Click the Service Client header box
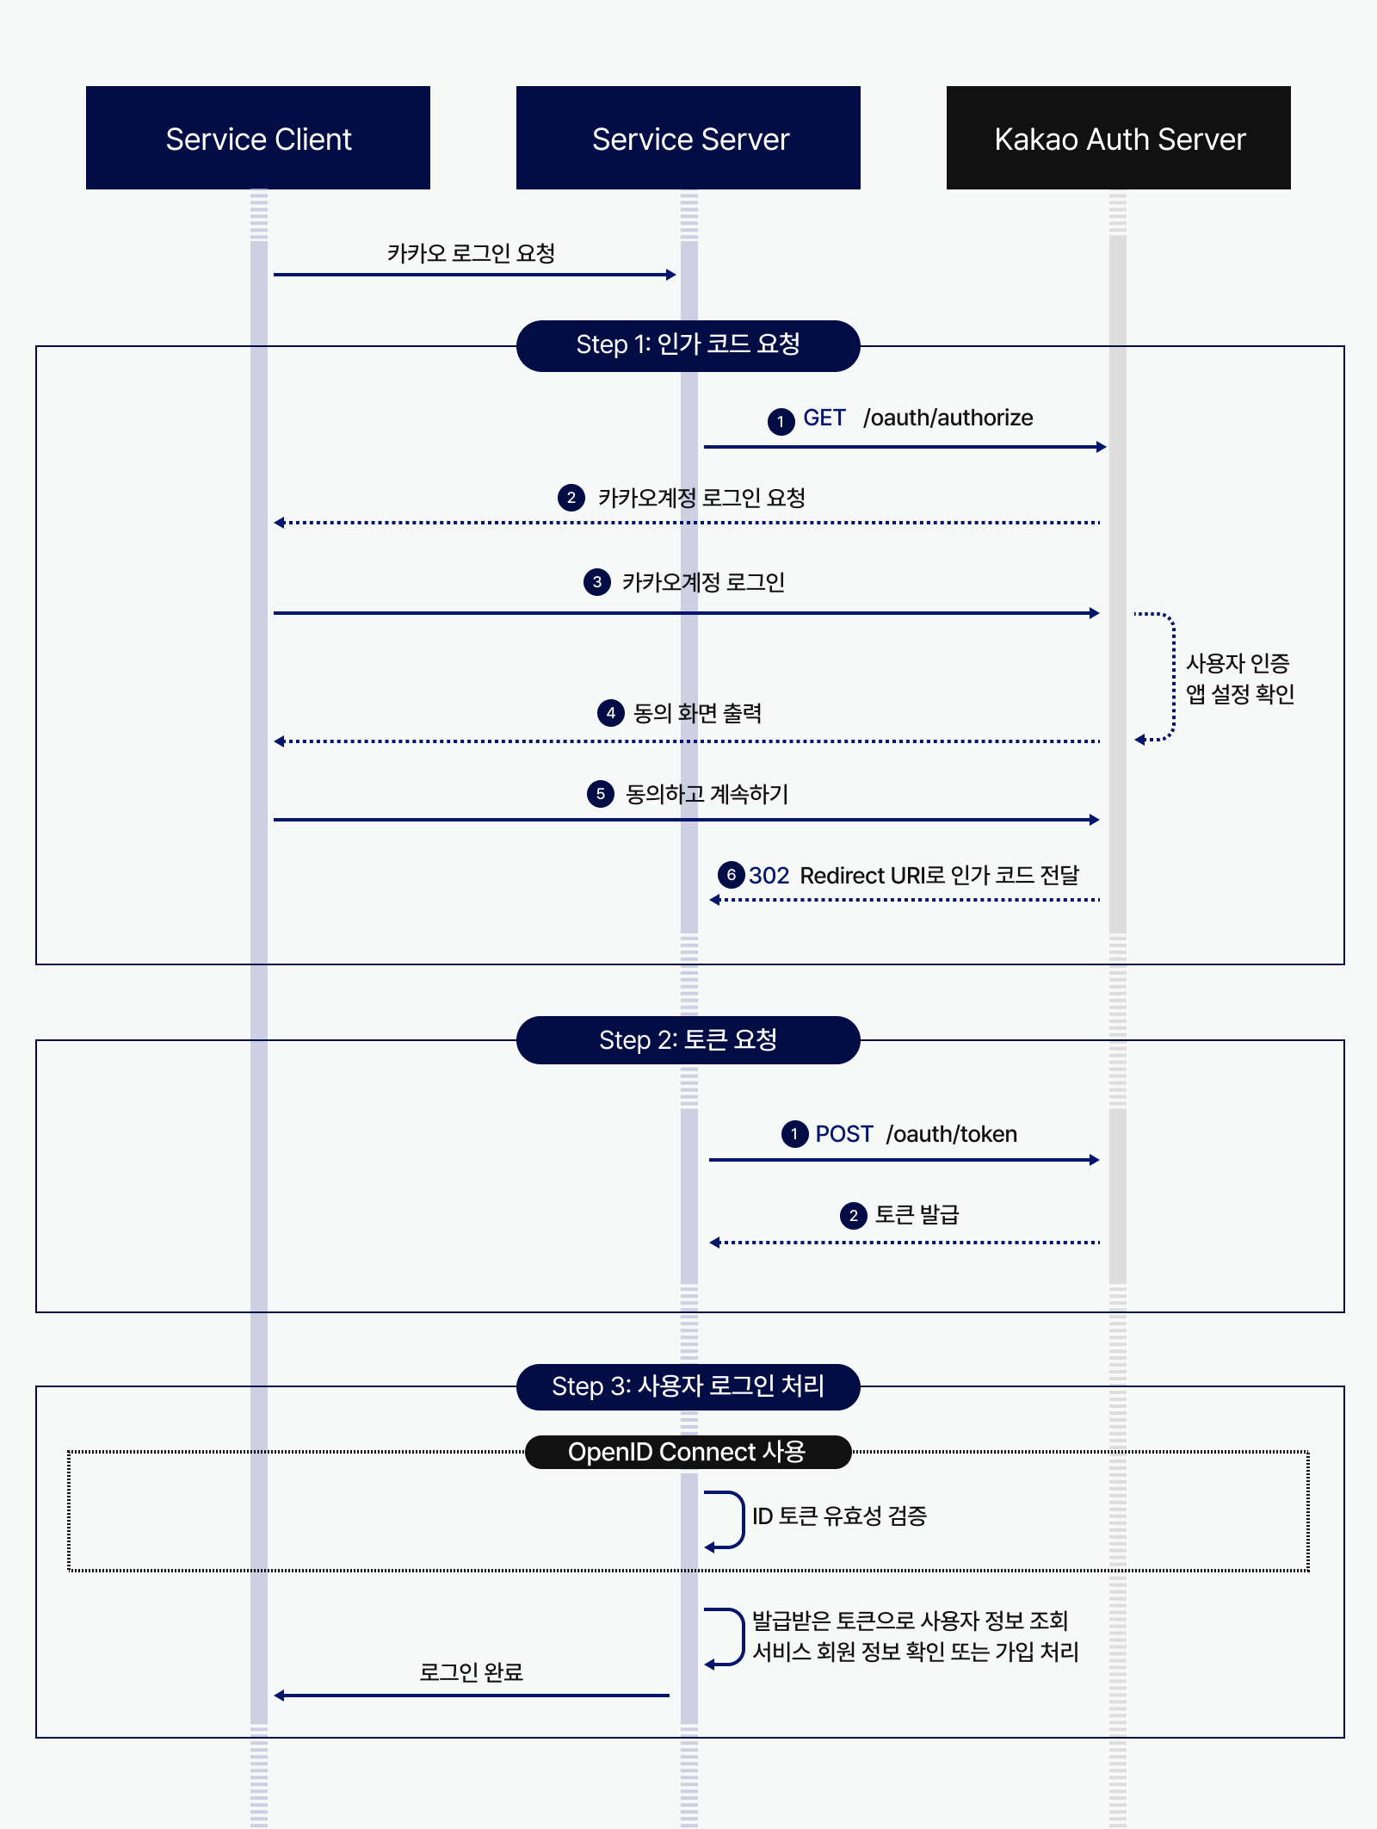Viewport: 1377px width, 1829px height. point(258,138)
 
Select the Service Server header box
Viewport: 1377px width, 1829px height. point(688,138)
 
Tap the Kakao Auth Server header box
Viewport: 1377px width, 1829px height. point(1119,138)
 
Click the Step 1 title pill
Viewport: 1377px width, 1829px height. point(688,345)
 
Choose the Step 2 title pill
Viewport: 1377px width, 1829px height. point(688,1040)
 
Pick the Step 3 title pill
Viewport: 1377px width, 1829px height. point(688,1386)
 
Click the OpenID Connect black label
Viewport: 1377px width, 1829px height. point(688,1452)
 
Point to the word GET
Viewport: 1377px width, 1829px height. point(824,418)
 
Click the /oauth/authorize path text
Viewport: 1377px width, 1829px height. point(948,418)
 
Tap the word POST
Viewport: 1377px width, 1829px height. point(843,1134)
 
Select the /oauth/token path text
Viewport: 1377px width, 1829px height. point(951,1134)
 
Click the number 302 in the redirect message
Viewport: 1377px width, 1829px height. point(769,876)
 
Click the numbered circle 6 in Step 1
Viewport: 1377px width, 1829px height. point(731,875)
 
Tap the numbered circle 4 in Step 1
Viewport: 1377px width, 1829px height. point(610,713)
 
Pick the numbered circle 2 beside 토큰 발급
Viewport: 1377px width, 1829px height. point(853,1216)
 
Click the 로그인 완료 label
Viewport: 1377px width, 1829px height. point(471,1672)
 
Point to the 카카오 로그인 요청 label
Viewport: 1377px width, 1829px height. point(471,253)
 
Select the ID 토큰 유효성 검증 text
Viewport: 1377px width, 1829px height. point(839,1516)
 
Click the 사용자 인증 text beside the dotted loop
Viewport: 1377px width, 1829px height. point(1238,663)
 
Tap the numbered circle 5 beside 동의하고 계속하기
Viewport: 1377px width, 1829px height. point(601,794)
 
